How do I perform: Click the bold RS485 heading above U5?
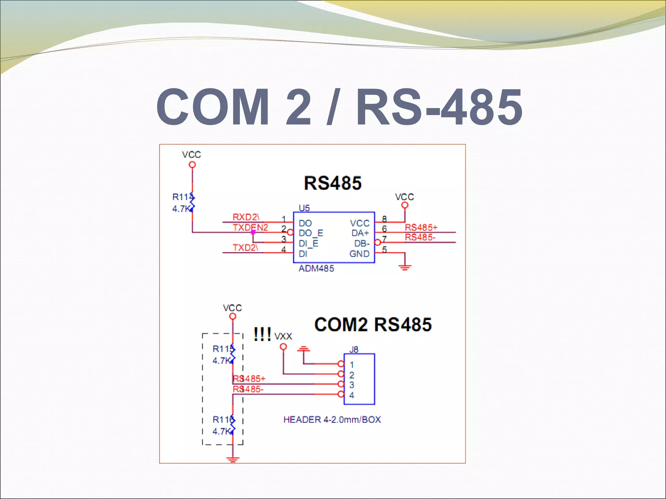click(332, 183)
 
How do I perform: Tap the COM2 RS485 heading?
click(373, 325)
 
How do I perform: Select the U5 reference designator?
click(304, 208)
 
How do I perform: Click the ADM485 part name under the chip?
click(316, 268)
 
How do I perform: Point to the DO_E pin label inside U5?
click(311, 233)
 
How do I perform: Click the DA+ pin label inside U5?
click(360, 233)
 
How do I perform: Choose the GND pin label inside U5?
click(359, 254)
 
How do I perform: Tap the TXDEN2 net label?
click(250, 227)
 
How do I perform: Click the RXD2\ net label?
click(246, 217)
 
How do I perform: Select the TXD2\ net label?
click(245, 248)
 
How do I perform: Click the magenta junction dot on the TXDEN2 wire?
click(253, 232)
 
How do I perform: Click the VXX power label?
click(283, 336)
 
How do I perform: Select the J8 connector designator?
click(353, 350)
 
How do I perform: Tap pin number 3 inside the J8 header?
click(352, 385)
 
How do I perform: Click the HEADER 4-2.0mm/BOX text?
click(332, 419)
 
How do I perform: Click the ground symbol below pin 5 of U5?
click(405, 267)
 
